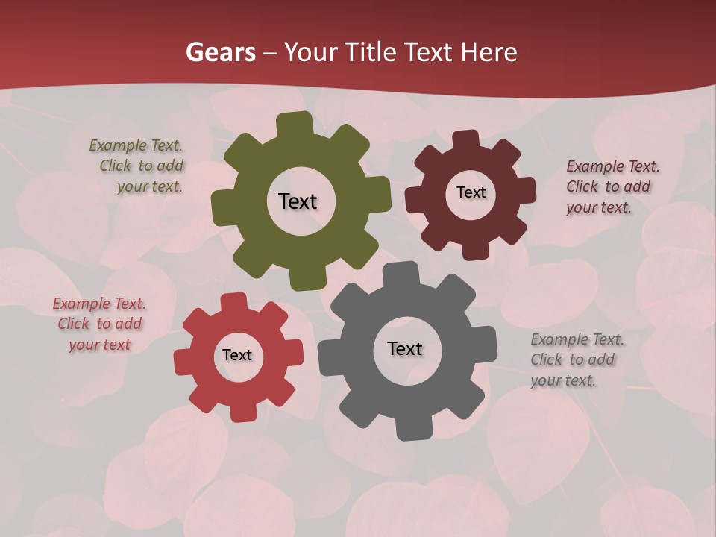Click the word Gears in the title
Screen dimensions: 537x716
[x=220, y=52]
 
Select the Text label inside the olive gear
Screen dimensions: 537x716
[x=298, y=201]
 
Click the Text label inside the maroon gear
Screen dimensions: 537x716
[x=471, y=192]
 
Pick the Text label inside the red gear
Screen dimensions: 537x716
[x=237, y=355]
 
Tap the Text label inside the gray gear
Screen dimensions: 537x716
[x=405, y=348]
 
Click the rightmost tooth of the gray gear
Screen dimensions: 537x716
[x=486, y=345]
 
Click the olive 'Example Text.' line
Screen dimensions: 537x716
[x=136, y=145]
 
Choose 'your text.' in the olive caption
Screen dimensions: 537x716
[x=149, y=186]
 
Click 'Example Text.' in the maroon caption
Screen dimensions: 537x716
[x=613, y=166]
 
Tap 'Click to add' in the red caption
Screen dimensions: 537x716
[x=100, y=324]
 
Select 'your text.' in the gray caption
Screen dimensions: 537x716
[x=563, y=380]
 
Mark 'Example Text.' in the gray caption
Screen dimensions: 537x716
[x=577, y=340]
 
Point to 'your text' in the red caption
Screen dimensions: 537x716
[x=100, y=345]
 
